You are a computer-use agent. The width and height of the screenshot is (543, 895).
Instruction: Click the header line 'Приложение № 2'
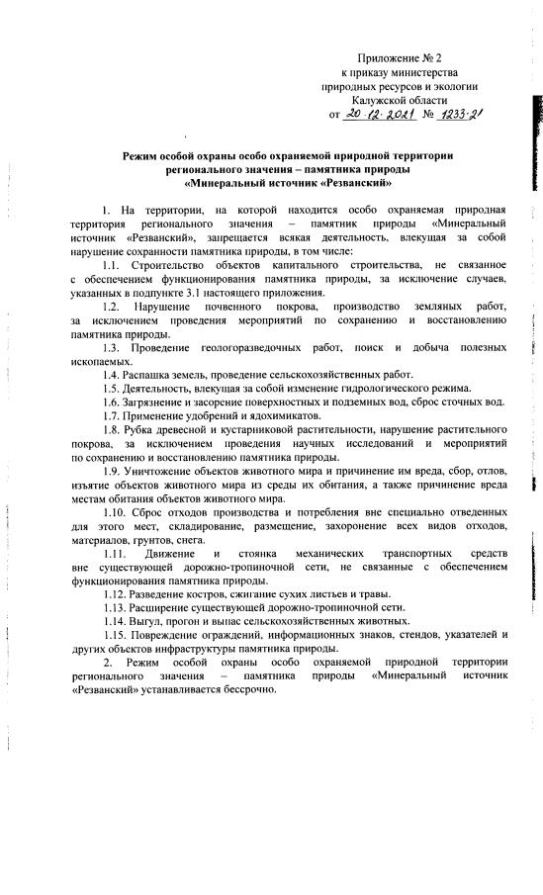[x=406, y=58]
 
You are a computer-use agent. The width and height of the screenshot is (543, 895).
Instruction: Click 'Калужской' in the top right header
[x=388, y=101]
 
